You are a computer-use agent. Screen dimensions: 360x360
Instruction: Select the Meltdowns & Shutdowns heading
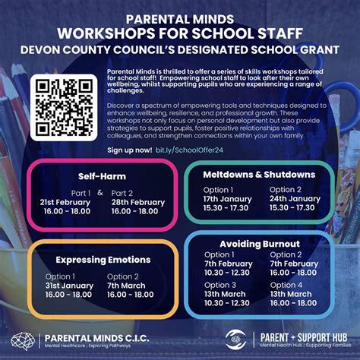tap(260, 175)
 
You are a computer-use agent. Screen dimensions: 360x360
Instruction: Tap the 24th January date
tap(295, 198)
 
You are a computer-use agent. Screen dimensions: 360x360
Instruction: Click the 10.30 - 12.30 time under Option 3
tap(227, 302)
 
